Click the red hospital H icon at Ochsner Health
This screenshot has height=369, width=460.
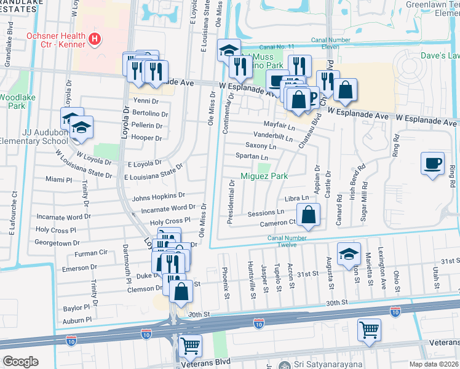(x=94, y=40)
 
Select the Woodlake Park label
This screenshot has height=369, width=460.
(x=12, y=101)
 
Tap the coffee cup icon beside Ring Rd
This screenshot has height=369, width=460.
(x=432, y=163)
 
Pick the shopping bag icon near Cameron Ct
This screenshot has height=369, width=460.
(x=308, y=215)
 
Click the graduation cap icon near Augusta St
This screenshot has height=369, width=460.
(x=349, y=254)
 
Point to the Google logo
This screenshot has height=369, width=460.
(x=20, y=362)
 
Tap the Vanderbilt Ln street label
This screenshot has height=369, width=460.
(x=272, y=135)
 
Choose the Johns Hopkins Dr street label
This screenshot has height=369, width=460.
(x=154, y=197)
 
